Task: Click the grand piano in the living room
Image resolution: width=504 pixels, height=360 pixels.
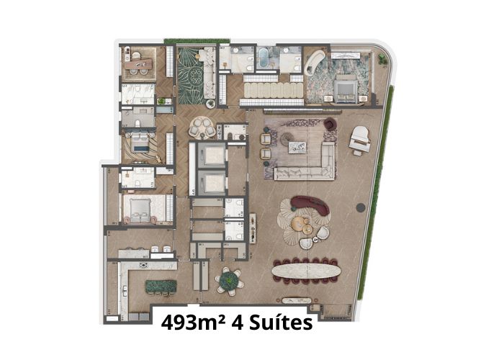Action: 360,140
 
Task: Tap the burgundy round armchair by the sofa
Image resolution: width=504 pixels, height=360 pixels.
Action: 330,124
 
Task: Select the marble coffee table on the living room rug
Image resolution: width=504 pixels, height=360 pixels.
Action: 297,147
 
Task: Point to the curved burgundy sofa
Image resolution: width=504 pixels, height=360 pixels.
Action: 311,204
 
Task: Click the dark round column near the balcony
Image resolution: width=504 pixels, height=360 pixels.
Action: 361,207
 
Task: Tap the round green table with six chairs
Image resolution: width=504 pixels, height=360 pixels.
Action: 228,281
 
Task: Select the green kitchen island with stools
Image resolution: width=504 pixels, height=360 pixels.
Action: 161,287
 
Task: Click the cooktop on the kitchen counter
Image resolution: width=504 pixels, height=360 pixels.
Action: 143,265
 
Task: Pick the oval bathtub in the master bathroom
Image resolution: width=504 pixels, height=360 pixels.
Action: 265,57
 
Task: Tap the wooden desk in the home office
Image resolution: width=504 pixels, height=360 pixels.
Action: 138,63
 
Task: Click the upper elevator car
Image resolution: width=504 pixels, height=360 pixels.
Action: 212,155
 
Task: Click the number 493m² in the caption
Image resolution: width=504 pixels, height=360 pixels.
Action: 192,323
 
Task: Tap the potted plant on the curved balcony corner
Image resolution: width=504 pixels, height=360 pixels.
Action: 382,58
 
